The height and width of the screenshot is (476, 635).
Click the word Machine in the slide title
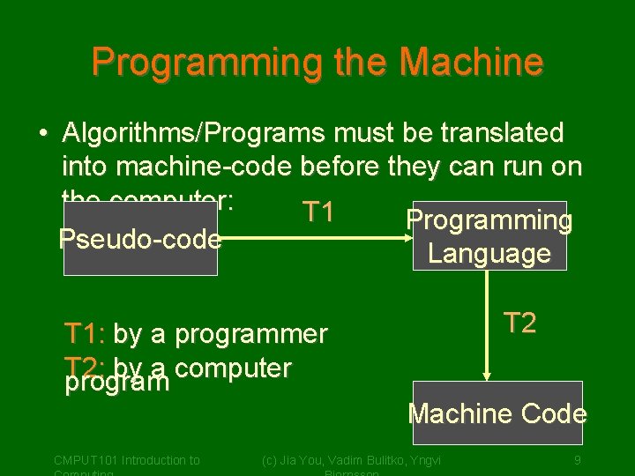[471, 63]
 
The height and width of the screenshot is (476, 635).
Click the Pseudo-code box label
[139, 239]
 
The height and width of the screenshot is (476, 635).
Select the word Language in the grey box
[489, 254]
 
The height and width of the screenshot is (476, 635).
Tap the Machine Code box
[497, 413]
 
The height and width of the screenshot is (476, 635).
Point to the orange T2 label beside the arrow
[519, 323]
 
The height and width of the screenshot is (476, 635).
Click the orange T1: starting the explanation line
[85, 334]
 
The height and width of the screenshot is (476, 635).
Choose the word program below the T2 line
[117, 383]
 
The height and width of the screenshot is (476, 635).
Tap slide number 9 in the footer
[577, 459]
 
